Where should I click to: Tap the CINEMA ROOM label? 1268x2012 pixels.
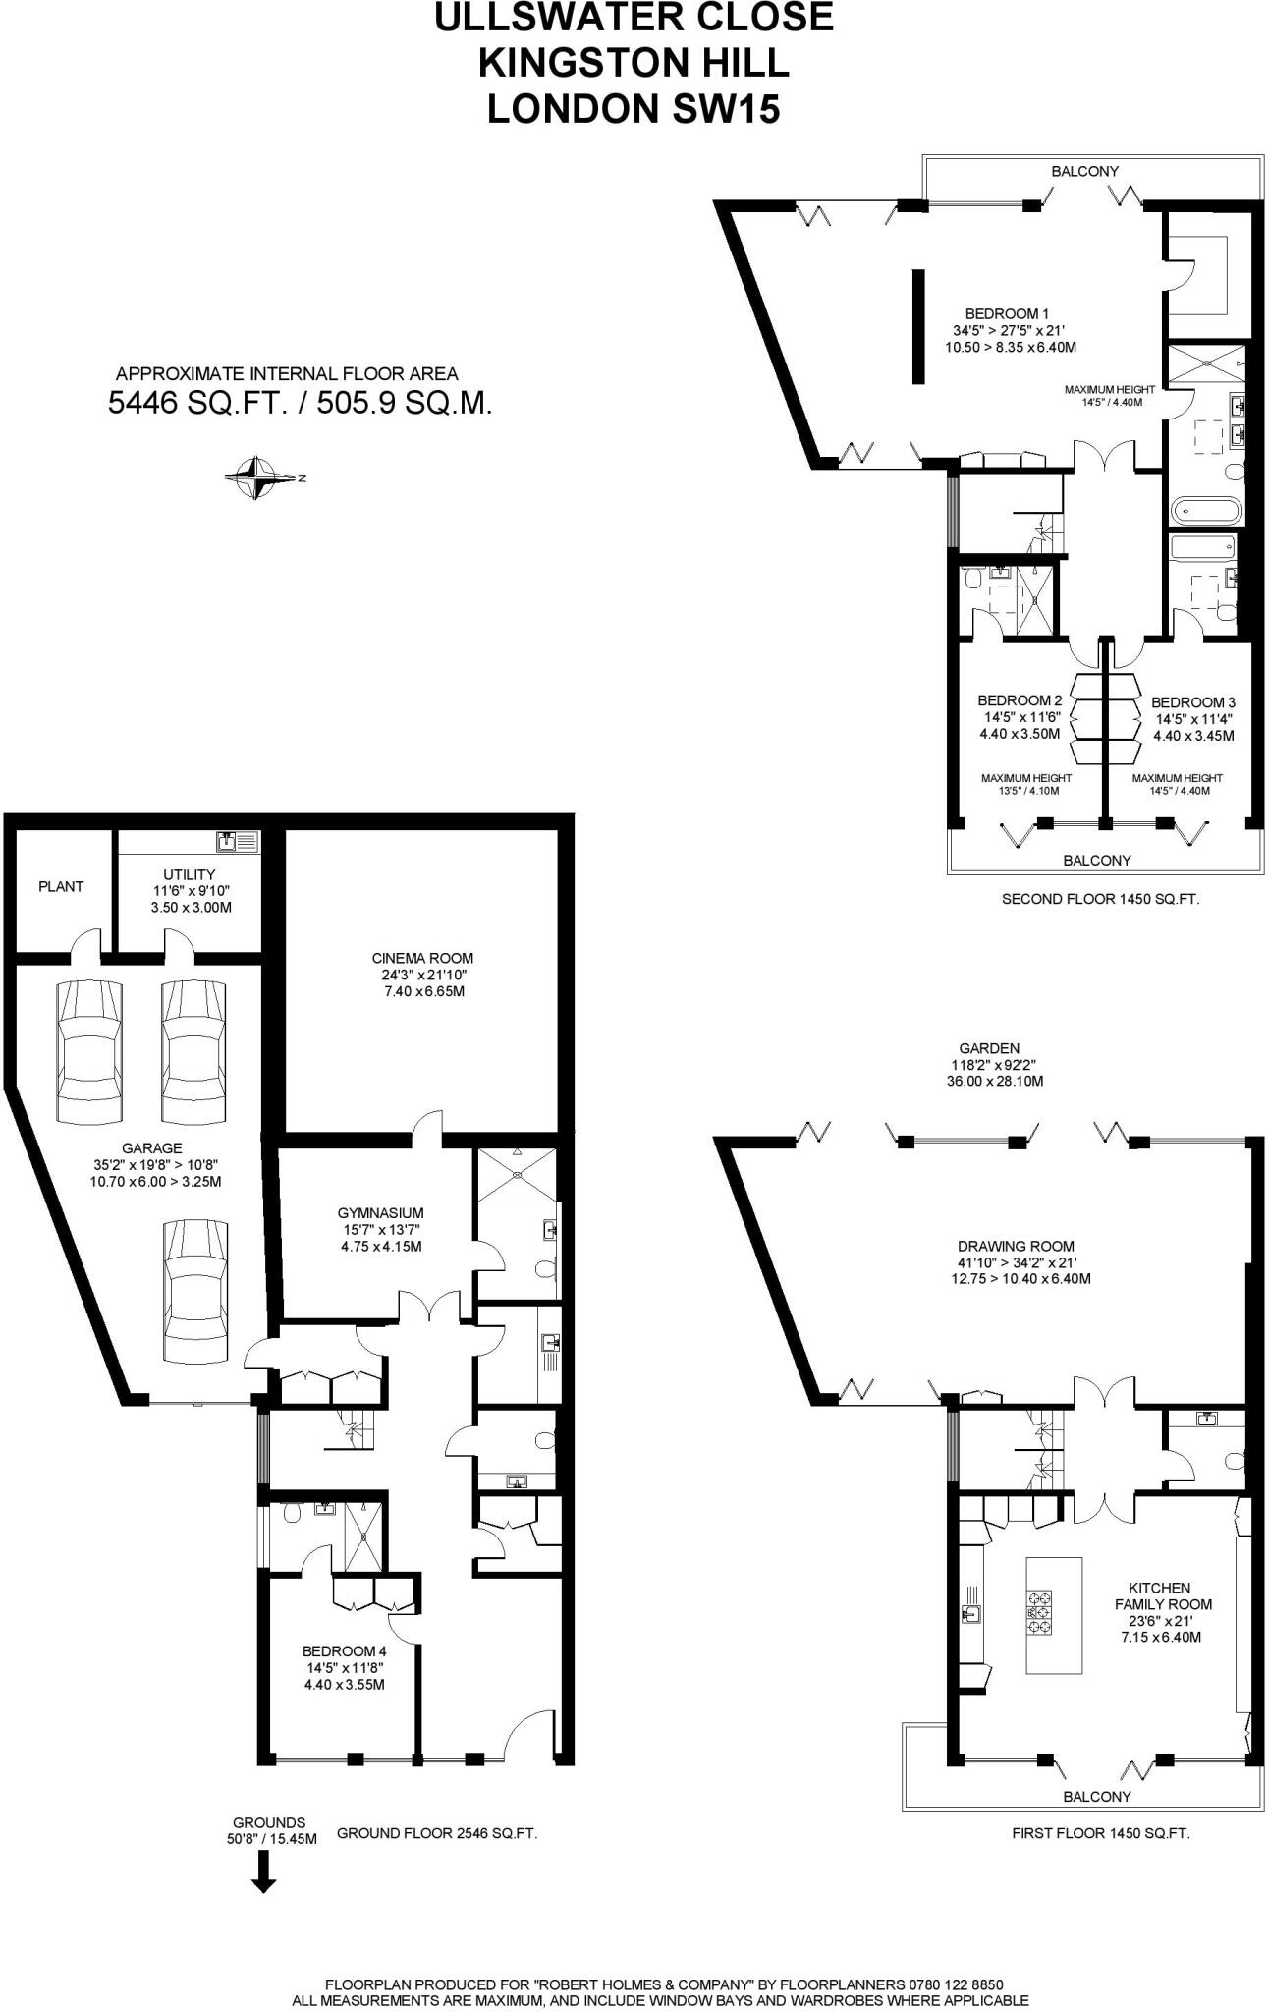pos(422,958)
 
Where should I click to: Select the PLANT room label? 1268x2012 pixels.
pos(61,886)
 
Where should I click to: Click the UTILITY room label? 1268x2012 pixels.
pos(190,874)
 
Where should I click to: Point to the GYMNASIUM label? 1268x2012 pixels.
pos(380,1213)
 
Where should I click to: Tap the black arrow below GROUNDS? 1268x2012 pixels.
pos(263,1872)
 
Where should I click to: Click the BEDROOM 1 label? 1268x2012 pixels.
pos(993,313)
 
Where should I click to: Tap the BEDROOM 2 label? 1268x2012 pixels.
pos(1020,700)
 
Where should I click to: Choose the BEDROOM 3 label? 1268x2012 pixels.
pos(1192,702)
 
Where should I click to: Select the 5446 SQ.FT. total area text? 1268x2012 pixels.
pos(196,403)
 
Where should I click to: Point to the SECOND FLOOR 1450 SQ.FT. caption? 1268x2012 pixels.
pos(1100,898)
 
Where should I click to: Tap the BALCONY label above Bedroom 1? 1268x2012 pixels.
pos(1084,171)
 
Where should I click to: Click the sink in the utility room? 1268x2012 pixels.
pos(228,841)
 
